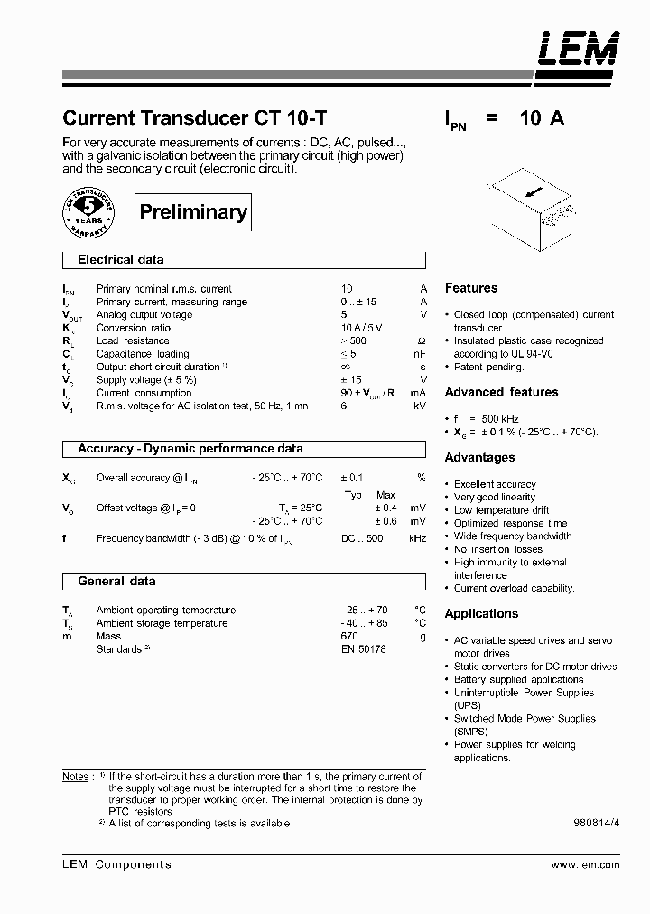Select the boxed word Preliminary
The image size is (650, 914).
coord(193,212)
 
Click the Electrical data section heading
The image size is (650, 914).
coord(121,260)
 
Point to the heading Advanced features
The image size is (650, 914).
coord(501,392)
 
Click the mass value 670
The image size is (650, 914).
coord(350,637)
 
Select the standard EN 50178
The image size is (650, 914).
coord(363,649)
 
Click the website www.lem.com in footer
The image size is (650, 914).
coord(585,864)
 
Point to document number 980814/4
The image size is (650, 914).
coord(596,824)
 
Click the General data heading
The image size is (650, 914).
coord(116,582)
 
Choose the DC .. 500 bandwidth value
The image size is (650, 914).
coord(362,538)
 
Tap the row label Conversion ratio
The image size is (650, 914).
coord(133,328)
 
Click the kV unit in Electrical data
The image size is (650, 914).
coord(419,406)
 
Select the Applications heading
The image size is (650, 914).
coord(481,613)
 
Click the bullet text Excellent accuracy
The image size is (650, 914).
coord(495,484)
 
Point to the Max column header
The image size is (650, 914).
coord(385,495)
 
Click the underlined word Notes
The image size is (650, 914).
coord(76,776)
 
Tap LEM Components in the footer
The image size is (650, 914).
coord(116,864)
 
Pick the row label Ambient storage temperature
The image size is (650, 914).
coord(162,623)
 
